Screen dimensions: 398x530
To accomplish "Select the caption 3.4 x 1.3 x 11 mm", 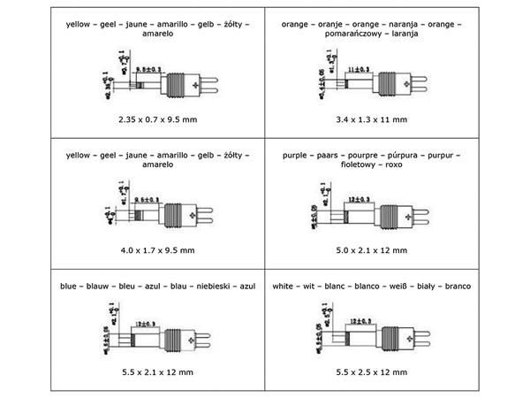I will (x=372, y=118).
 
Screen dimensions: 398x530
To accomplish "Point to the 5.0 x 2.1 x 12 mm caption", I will (x=372, y=250).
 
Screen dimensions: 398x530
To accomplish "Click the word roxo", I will (x=396, y=165).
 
